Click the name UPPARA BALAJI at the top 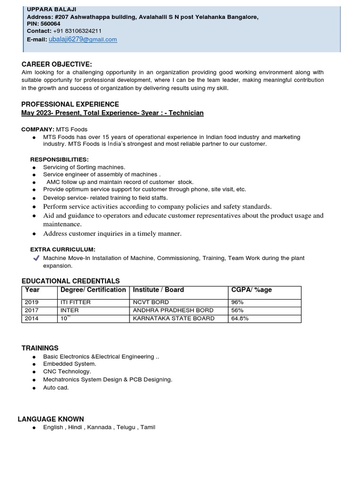52,9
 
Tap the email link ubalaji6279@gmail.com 83,39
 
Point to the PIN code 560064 51,24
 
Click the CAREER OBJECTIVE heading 57,64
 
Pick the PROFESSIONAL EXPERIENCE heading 70,104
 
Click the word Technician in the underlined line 186,113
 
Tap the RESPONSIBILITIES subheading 60,159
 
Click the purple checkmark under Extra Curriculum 36,258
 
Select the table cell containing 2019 32,302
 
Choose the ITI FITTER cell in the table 76,302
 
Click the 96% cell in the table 237,302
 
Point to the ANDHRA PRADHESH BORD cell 173,310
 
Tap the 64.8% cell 240,318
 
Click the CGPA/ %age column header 251,290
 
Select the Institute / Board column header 158,290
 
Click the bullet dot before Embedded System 34,364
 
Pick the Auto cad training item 56,388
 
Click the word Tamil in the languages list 147,427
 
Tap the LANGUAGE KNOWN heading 51,419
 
